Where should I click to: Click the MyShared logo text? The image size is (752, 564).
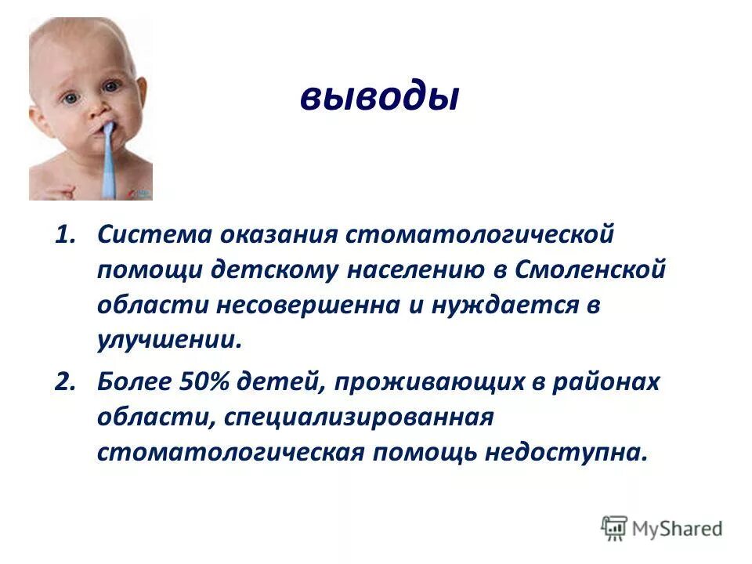(x=678, y=528)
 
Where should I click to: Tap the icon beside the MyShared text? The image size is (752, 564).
(x=615, y=527)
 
